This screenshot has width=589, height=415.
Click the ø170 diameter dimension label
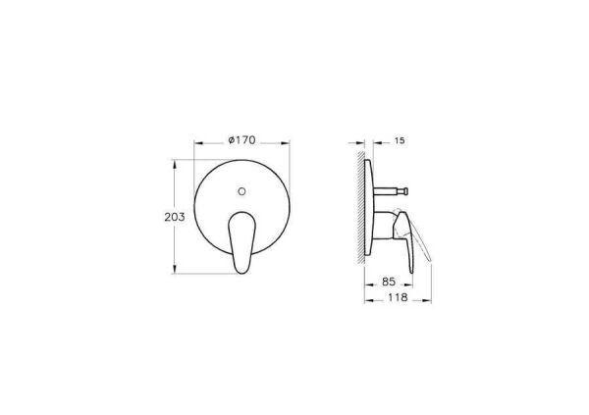[x=241, y=140]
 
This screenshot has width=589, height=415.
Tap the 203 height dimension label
[x=175, y=217]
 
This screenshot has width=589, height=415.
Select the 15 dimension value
[x=401, y=141]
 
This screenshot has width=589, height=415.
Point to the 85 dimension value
[x=389, y=282]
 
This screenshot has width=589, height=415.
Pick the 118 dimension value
[x=398, y=297]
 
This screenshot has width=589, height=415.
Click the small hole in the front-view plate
[x=241, y=191]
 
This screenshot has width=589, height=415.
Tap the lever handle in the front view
[x=241, y=242]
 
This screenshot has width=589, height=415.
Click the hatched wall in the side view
[x=360, y=208]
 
